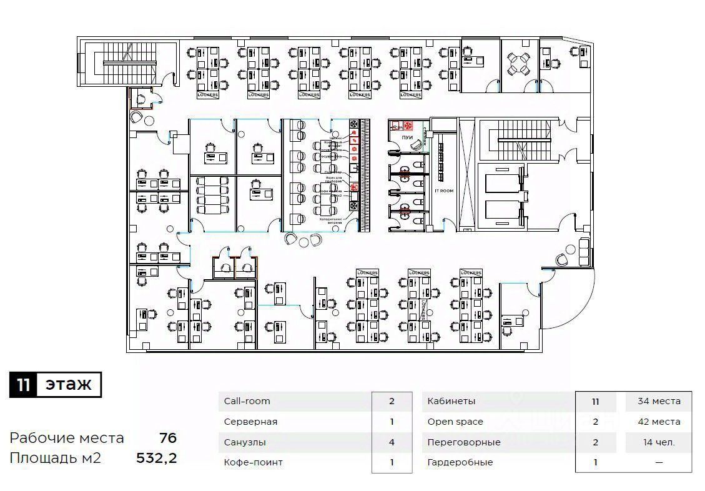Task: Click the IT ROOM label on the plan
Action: click(444, 191)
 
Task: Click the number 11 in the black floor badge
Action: click(23, 385)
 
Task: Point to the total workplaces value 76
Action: click(167, 438)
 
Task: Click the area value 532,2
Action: click(157, 458)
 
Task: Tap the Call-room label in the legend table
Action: click(247, 401)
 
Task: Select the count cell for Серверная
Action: click(392, 422)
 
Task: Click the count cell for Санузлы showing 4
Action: click(392, 442)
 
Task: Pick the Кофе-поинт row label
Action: click(254, 462)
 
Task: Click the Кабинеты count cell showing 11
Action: click(596, 401)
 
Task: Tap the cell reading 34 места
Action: click(659, 401)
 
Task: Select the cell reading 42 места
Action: click(659, 422)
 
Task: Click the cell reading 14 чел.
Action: click(659, 442)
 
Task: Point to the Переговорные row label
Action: click(464, 442)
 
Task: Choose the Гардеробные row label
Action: click(460, 462)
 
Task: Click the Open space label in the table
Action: click(455, 422)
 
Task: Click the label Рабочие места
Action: click(67, 438)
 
